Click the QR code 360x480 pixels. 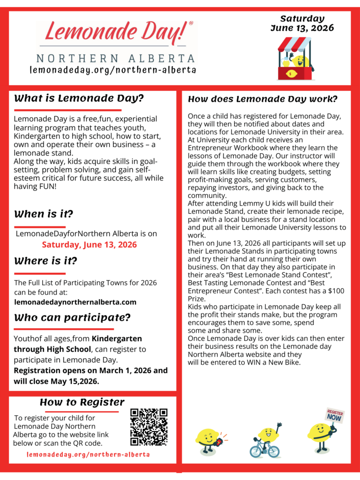coord(149,427)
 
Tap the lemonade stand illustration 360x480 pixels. coord(295,58)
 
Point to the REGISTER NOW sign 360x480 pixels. coord(335,415)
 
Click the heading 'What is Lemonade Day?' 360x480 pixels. coord(78,98)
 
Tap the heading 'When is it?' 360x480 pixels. coord(44,215)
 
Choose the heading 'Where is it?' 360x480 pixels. coord(45,261)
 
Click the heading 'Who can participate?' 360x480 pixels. coord(72,317)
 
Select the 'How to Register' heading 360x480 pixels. coord(82,402)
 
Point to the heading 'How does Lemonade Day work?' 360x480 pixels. coord(262,99)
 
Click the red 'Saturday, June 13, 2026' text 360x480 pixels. coord(89,244)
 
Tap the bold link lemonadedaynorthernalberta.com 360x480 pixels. coord(75,302)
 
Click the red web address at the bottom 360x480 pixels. coord(88,455)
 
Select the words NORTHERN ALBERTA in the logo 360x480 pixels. coord(115,59)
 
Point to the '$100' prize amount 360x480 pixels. coord(337,291)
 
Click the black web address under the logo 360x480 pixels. coord(112,70)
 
